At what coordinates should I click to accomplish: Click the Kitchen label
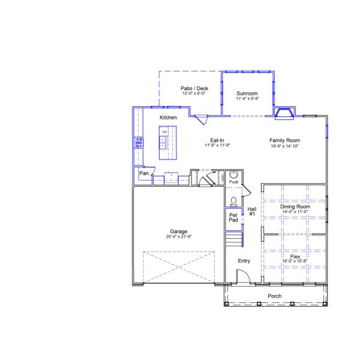pos(168,118)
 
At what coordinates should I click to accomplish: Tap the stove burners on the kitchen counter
pos(139,142)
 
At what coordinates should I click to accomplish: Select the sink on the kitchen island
pos(163,142)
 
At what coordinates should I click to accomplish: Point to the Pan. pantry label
pos(145,173)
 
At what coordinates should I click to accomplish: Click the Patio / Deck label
pos(194,88)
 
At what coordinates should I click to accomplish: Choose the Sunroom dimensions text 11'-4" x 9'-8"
pos(247,99)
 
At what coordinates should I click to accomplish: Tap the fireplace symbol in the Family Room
pos(284,113)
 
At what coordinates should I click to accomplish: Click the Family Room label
pos(284,140)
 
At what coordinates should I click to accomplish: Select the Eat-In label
pos(217,139)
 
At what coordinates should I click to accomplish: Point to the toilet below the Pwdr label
pos(234,200)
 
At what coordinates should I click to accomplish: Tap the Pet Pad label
pos(233,217)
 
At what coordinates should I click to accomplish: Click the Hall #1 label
pos(252,211)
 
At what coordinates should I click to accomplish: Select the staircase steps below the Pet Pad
pos(234,240)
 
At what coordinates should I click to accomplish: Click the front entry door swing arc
pos(242,275)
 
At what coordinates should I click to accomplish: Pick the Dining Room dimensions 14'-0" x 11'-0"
pos(295,211)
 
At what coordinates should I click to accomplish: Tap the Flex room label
pos(295,256)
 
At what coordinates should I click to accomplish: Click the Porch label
pos(275,296)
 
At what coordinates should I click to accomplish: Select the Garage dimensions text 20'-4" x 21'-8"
pos(178,236)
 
